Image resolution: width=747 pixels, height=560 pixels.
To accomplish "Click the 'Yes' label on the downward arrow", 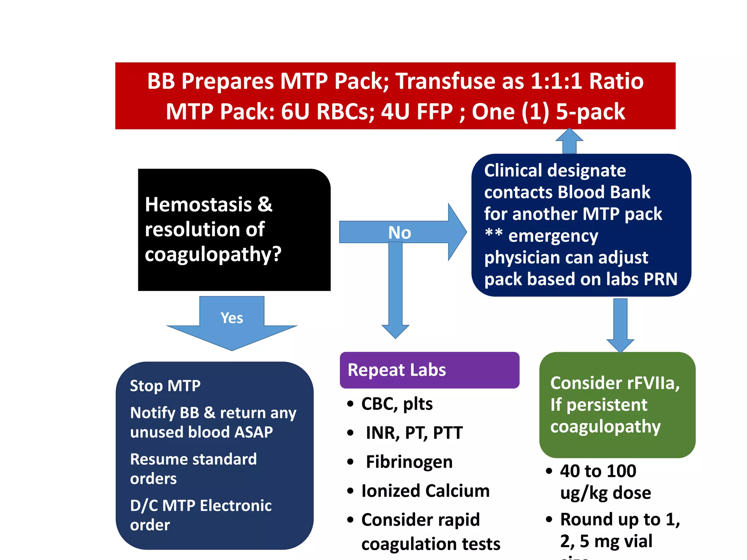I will click(x=232, y=318).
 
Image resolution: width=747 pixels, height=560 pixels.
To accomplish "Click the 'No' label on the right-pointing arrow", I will click(x=399, y=233).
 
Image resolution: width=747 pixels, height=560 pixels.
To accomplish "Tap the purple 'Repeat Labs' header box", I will click(x=429, y=370).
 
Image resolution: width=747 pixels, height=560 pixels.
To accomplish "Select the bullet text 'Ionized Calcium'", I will click(x=425, y=491).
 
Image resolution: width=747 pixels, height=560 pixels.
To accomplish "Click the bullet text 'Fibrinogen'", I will click(x=409, y=462).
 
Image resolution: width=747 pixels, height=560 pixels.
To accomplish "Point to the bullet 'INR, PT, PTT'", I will click(x=414, y=433).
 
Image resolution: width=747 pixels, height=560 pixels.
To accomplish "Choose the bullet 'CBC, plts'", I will click(x=396, y=404).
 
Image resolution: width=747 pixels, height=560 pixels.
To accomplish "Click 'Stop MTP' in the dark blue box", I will click(x=165, y=386).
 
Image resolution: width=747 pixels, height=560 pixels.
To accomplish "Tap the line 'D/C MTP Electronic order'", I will click(x=201, y=515).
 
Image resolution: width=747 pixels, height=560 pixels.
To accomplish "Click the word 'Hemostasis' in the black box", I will click(x=198, y=205).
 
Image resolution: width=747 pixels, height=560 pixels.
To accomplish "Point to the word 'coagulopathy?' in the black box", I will click(x=213, y=254).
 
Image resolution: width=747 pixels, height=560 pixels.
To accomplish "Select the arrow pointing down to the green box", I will click(x=620, y=324).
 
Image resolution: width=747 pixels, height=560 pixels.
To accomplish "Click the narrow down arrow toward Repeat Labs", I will click(x=395, y=292).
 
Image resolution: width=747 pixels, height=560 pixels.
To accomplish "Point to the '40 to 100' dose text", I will click(x=598, y=471).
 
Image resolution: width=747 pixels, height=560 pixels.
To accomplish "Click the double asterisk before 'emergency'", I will click(x=494, y=233).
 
